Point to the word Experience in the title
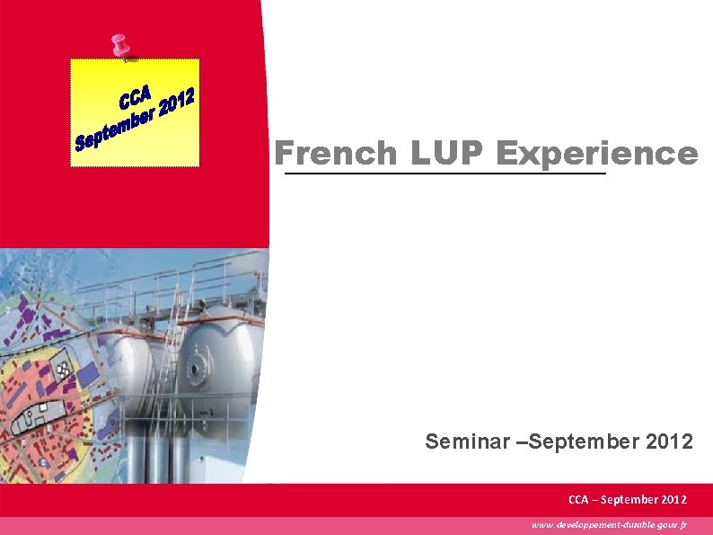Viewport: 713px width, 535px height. point(596,154)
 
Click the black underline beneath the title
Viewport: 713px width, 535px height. point(445,174)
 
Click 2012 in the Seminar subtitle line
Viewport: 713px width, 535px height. point(669,441)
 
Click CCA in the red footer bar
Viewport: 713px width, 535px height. point(579,499)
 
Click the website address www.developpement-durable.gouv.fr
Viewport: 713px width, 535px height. point(609,524)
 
